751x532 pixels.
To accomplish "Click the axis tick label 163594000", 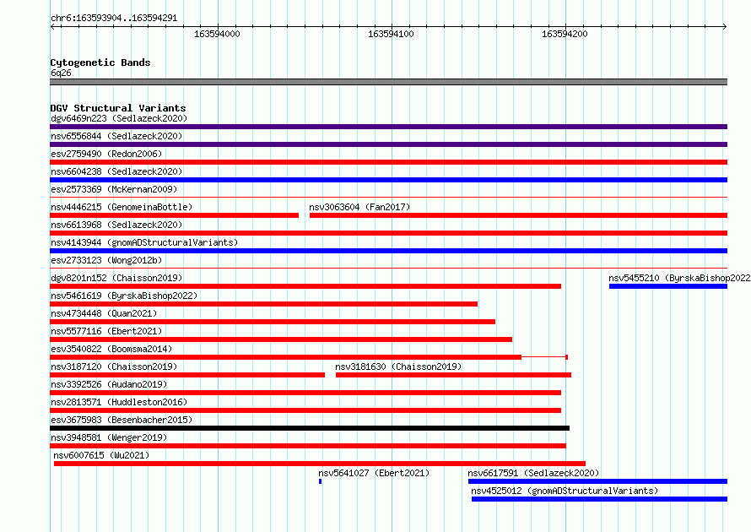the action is [x=217, y=34].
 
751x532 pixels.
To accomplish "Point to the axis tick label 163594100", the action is [x=391, y=34].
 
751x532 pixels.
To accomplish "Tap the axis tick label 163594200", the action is [x=565, y=34].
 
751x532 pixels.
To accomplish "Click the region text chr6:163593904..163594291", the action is [x=114, y=18].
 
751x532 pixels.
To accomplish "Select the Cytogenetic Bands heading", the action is [x=100, y=62].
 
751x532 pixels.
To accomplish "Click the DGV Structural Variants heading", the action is [x=118, y=108].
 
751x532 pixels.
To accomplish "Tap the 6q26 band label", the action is [x=61, y=73].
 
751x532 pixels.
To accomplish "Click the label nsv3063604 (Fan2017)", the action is [x=359, y=207].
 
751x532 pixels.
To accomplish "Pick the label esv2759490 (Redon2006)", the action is [x=106, y=154].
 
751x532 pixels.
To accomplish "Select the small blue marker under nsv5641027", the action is [x=321, y=481].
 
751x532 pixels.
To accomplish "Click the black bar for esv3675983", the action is [x=310, y=428].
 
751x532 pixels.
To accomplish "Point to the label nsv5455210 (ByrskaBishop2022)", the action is [x=679, y=278].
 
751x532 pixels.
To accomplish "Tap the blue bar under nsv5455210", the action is [x=668, y=286].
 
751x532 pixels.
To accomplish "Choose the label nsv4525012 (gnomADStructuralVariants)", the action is [x=565, y=491].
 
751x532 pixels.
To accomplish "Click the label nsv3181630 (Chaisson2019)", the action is [x=398, y=366].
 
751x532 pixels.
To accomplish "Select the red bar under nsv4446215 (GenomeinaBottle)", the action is [x=175, y=215].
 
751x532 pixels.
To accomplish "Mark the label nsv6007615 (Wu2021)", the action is [x=101, y=455].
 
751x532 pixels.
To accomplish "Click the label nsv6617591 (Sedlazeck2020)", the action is [x=533, y=473].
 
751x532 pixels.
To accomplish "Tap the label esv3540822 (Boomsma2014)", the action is [x=111, y=349].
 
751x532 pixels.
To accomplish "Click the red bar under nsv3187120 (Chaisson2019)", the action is [x=187, y=375].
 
